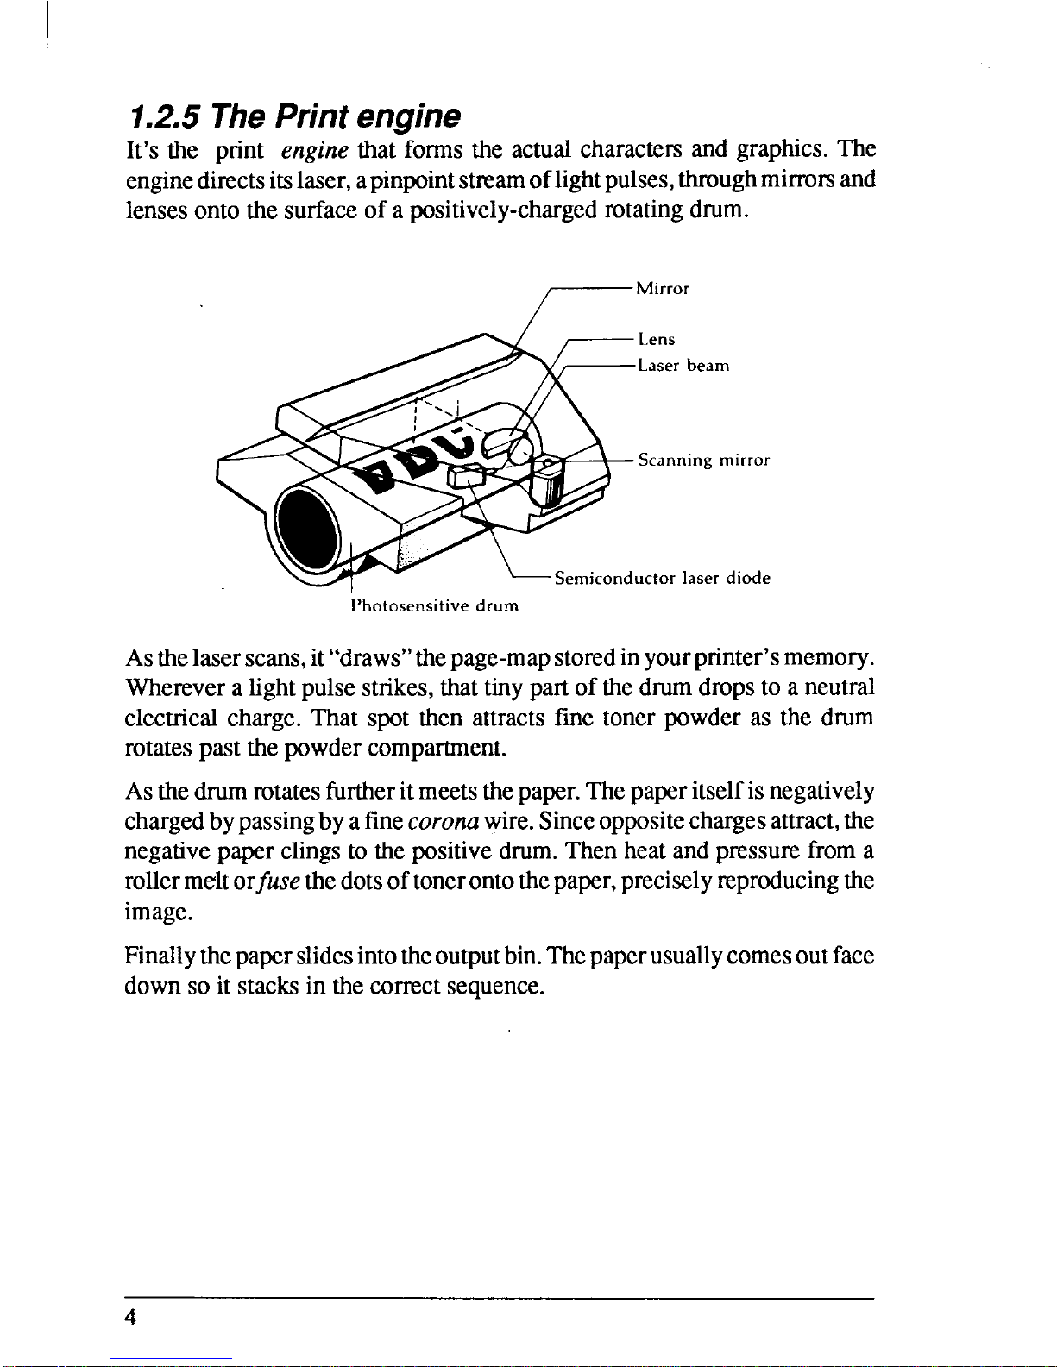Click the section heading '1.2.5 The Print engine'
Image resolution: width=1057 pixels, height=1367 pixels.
(x=293, y=116)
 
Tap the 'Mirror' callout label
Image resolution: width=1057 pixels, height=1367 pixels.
(x=663, y=289)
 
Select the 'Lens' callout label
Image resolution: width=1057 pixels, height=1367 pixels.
(x=657, y=340)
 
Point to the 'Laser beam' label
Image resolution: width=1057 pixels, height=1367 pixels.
(x=683, y=366)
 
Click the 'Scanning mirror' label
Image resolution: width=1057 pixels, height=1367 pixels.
(x=703, y=461)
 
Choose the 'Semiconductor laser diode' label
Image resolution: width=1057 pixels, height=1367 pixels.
(x=662, y=578)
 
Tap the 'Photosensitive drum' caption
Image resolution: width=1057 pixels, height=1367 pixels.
(x=434, y=605)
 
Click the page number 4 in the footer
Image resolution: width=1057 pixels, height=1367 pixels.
(x=131, y=1317)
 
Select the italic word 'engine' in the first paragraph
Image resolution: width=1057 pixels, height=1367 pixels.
(x=314, y=151)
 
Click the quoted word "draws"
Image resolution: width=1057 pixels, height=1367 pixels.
(x=369, y=659)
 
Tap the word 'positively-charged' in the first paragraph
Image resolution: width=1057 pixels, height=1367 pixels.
(x=505, y=210)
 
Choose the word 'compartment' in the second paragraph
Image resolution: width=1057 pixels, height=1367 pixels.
(x=436, y=748)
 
